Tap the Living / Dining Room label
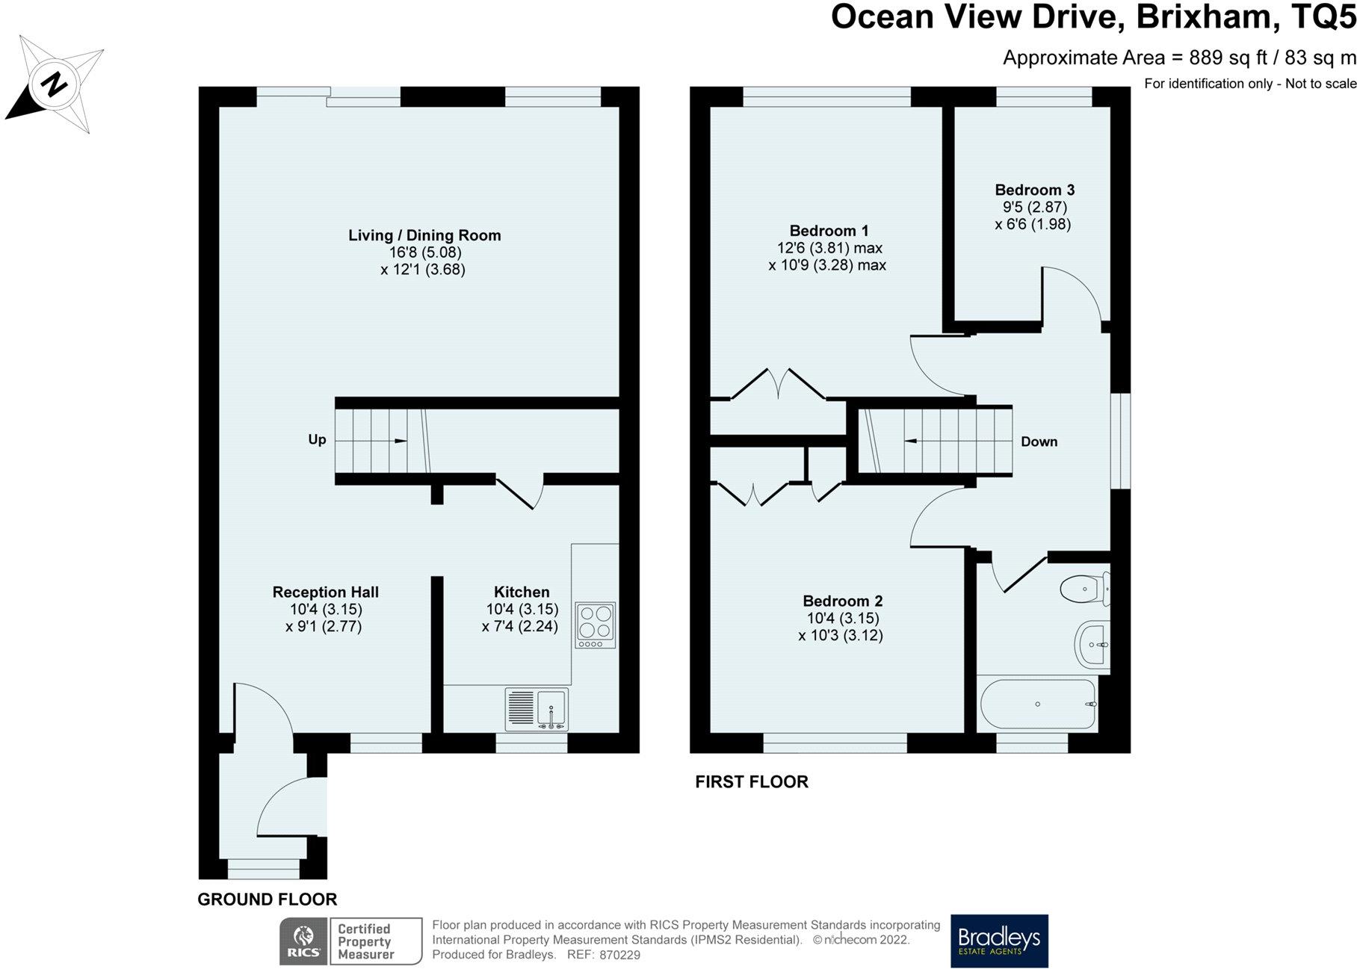(x=424, y=235)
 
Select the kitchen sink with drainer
(x=537, y=709)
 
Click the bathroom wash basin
(x=1092, y=643)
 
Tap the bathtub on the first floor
(x=1037, y=705)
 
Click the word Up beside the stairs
(x=317, y=439)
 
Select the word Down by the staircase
(x=1039, y=442)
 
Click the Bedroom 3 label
(x=1034, y=190)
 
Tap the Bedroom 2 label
(x=842, y=601)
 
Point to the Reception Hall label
(x=325, y=592)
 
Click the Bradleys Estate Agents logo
(x=999, y=941)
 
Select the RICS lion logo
(x=303, y=941)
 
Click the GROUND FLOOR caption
(x=267, y=900)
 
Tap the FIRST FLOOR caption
(x=752, y=781)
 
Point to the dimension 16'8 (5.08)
(x=424, y=253)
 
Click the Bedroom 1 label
(x=829, y=230)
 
